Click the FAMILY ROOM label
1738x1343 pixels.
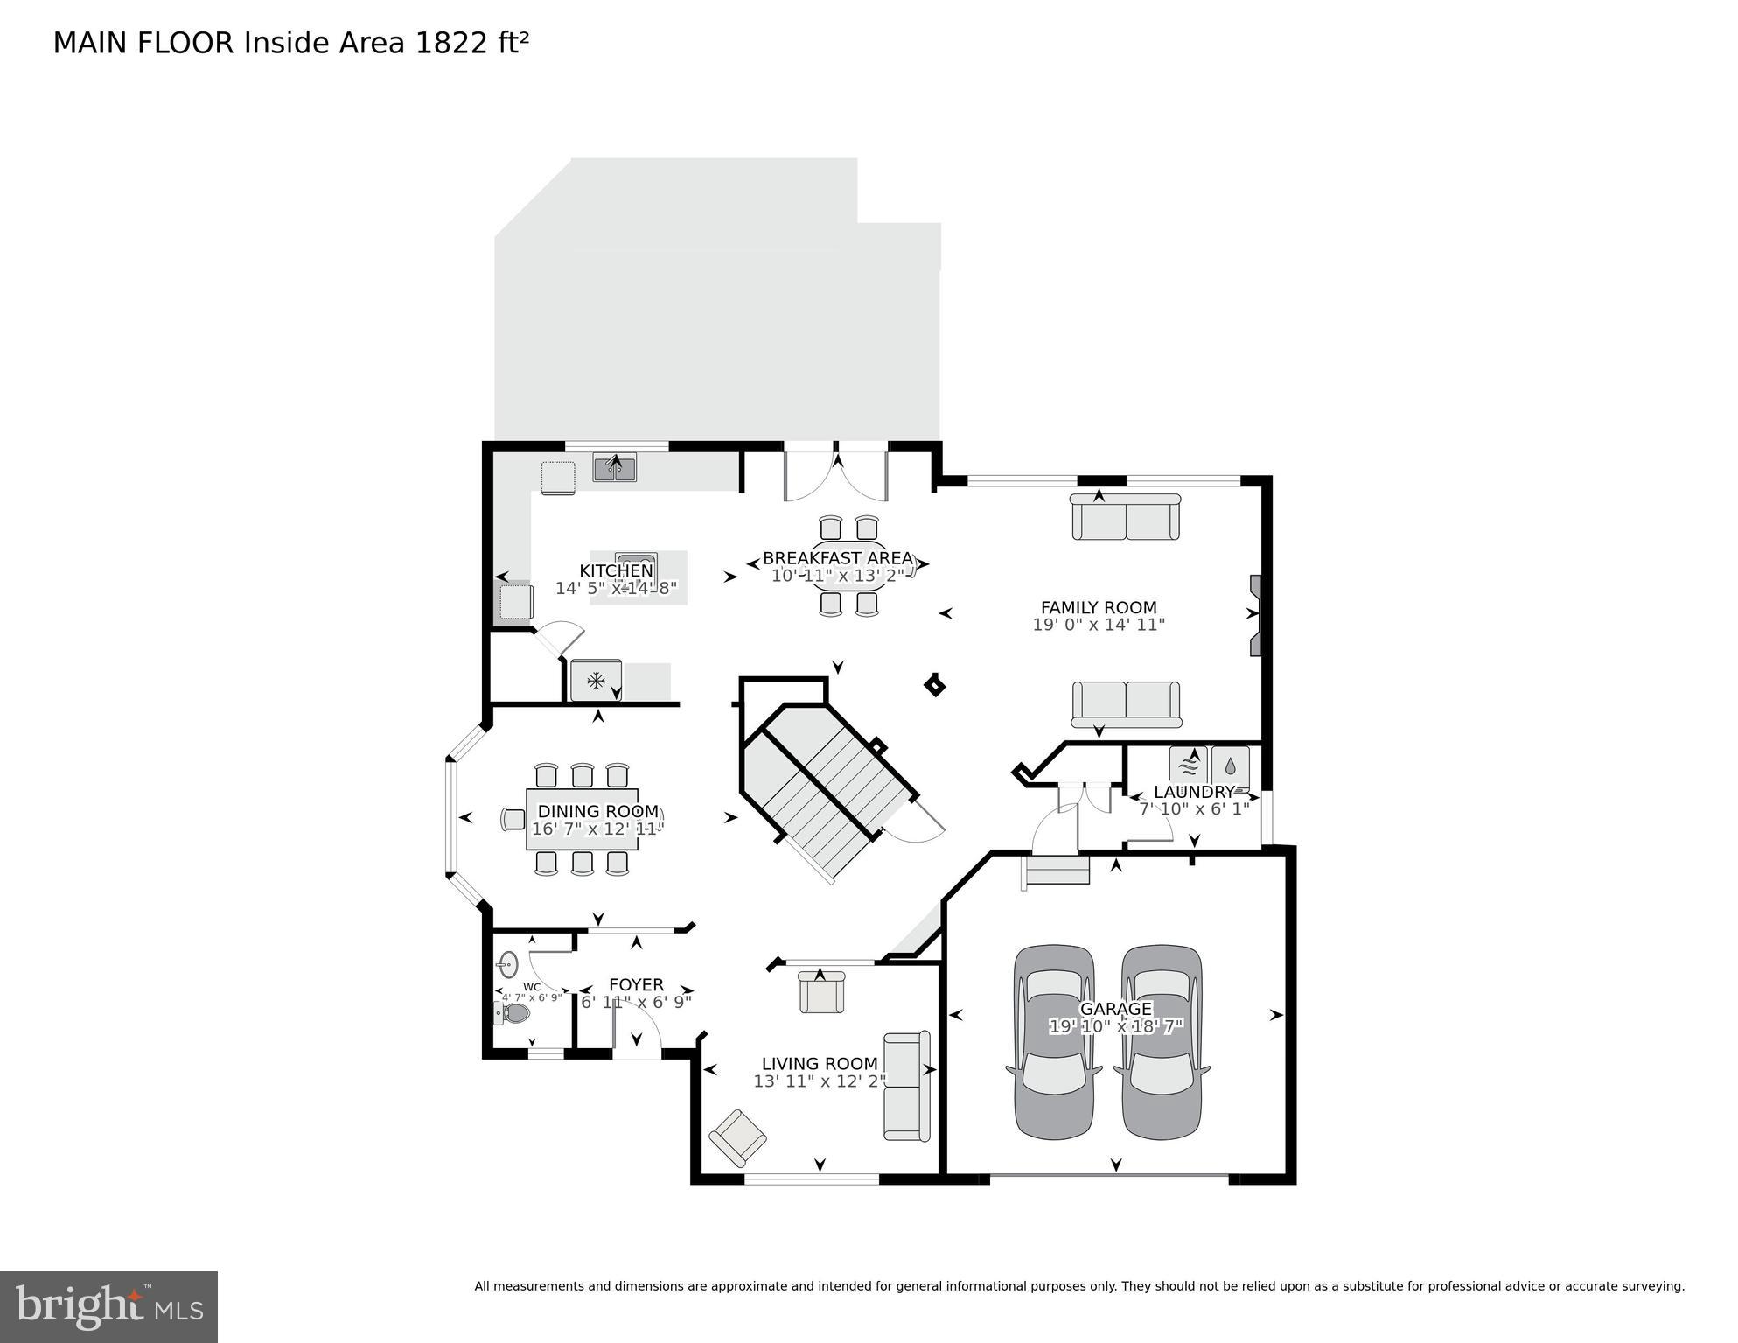[x=1098, y=607]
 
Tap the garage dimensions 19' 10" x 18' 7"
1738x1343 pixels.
[x=1115, y=1026]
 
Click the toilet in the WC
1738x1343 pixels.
[x=514, y=1013]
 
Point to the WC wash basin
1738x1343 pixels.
[x=507, y=965]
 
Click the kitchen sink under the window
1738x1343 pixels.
[x=615, y=470]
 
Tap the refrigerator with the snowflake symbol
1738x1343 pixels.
[x=596, y=680]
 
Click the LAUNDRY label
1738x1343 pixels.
[x=1194, y=792]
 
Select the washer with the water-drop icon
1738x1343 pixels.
[x=1230, y=766]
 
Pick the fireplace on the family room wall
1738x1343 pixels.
[x=1255, y=615]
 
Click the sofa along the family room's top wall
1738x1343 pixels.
[x=1126, y=518]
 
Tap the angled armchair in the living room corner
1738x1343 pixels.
[x=737, y=1137]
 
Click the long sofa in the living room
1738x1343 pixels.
[x=906, y=1086]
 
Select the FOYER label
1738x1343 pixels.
[x=636, y=984]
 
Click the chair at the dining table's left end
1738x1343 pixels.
[x=513, y=819]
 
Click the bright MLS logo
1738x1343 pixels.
[x=108, y=1306]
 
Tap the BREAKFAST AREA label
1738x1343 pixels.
[x=837, y=558]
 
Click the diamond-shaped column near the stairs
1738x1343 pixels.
[x=934, y=685]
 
